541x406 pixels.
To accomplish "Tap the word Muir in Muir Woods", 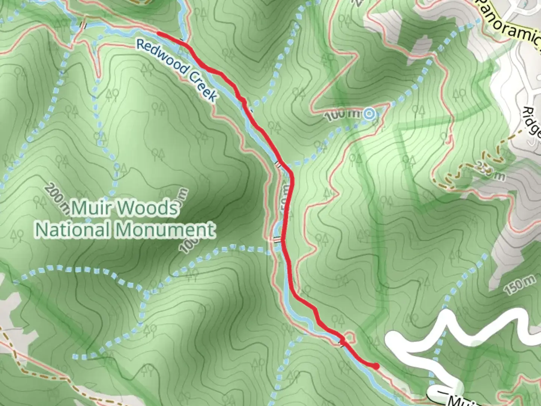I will (x=91, y=208).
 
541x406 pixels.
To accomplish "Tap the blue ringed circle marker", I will (x=369, y=113).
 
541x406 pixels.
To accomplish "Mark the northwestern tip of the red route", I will (x=158, y=33).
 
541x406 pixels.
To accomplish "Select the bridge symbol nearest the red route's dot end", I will (x=342, y=342).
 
